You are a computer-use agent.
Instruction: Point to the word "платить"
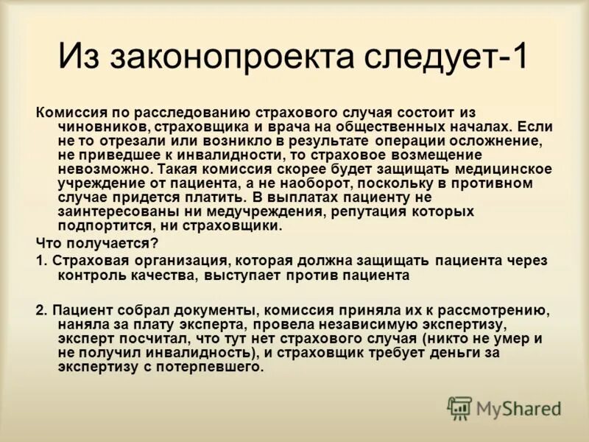pos(215,197)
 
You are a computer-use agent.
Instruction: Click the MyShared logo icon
pos(460,408)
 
